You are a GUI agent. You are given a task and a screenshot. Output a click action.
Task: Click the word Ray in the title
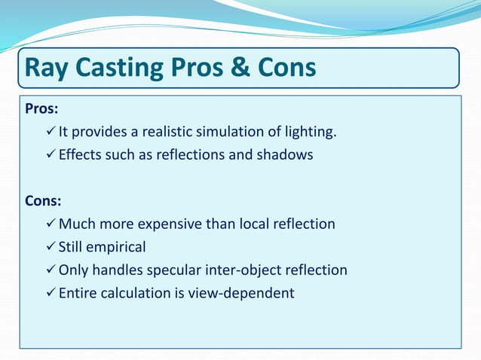click(x=47, y=69)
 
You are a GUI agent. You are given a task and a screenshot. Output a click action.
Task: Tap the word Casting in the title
click(x=127, y=69)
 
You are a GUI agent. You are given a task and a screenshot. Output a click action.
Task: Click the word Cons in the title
click(x=287, y=69)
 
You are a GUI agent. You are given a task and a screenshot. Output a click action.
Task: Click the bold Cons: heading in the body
click(x=43, y=201)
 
